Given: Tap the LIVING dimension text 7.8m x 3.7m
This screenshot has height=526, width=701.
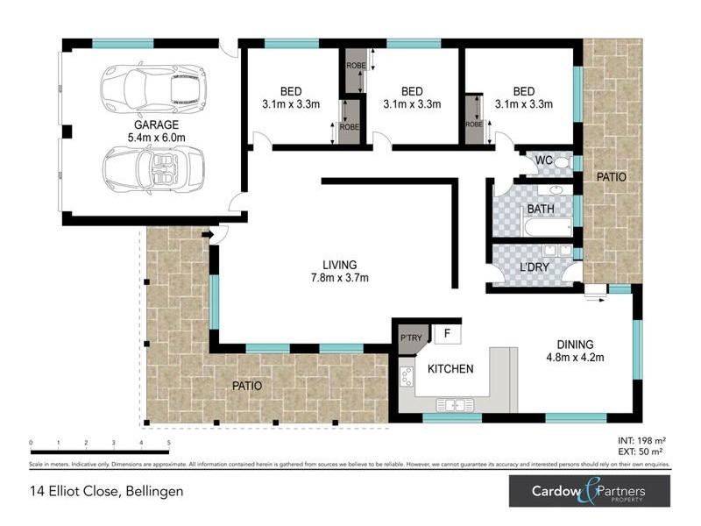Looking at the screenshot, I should (x=339, y=279).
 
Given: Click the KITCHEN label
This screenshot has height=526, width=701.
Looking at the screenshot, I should (x=450, y=369).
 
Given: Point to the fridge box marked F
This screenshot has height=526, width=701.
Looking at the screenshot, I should (x=447, y=334).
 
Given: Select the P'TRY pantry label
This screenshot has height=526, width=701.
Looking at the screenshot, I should (x=411, y=338).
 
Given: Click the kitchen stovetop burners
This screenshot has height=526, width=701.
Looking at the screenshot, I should (x=407, y=376).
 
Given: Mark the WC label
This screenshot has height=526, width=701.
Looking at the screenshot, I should (x=543, y=160).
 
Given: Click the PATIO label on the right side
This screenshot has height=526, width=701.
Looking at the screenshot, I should (x=612, y=177).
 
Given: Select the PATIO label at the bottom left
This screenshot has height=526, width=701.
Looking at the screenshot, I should (x=246, y=386).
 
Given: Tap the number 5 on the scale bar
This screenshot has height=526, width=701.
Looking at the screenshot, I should (x=168, y=444).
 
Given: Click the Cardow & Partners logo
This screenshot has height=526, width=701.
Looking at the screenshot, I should (x=590, y=491).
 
